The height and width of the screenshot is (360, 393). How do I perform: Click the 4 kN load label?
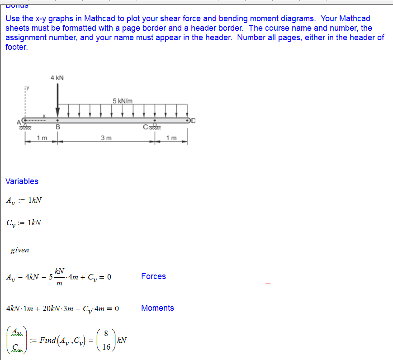tap(57, 78)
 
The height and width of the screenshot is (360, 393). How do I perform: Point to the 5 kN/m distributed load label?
tap(123, 100)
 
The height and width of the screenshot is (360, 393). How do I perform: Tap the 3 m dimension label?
tap(106, 138)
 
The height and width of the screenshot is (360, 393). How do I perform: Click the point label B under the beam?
tap(57, 128)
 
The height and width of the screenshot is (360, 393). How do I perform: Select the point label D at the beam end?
tap(194, 120)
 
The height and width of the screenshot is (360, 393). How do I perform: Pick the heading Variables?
tap(22, 181)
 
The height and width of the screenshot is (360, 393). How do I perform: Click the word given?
tap(20, 250)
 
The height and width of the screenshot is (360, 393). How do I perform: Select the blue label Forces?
tap(153, 276)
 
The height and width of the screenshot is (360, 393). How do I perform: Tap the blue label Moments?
tap(157, 308)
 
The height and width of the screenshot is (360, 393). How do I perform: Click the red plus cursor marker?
tap(268, 284)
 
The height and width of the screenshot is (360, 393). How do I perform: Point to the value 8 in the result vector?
tap(105, 333)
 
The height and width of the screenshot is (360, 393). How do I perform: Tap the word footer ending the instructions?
tap(16, 47)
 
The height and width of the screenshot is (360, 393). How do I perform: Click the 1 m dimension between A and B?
tap(42, 138)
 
